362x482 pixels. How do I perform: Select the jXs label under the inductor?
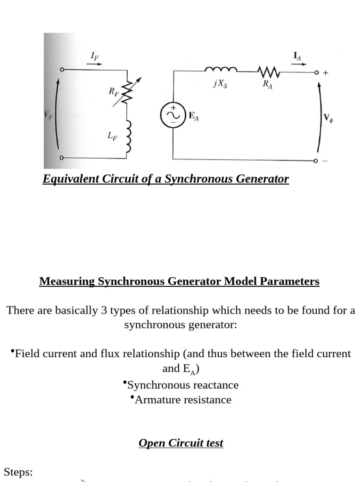(x=219, y=85)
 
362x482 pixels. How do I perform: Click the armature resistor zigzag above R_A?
(x=269, y=72)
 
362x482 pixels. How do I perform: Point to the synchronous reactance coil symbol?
(x=220, y=71)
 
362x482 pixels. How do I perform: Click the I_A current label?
(x=297, y=56)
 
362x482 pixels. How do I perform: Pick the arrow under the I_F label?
(x=94, y=64)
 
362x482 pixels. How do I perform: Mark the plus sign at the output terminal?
(x=326, y=73)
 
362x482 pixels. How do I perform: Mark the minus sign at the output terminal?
(x=325, y=161)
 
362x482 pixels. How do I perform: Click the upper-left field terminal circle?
(x=61, y=70)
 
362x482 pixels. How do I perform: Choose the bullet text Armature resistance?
(x=183, y=400)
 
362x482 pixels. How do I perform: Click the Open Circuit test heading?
(x=181, y=443)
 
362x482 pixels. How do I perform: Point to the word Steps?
(x=18, y=472)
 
